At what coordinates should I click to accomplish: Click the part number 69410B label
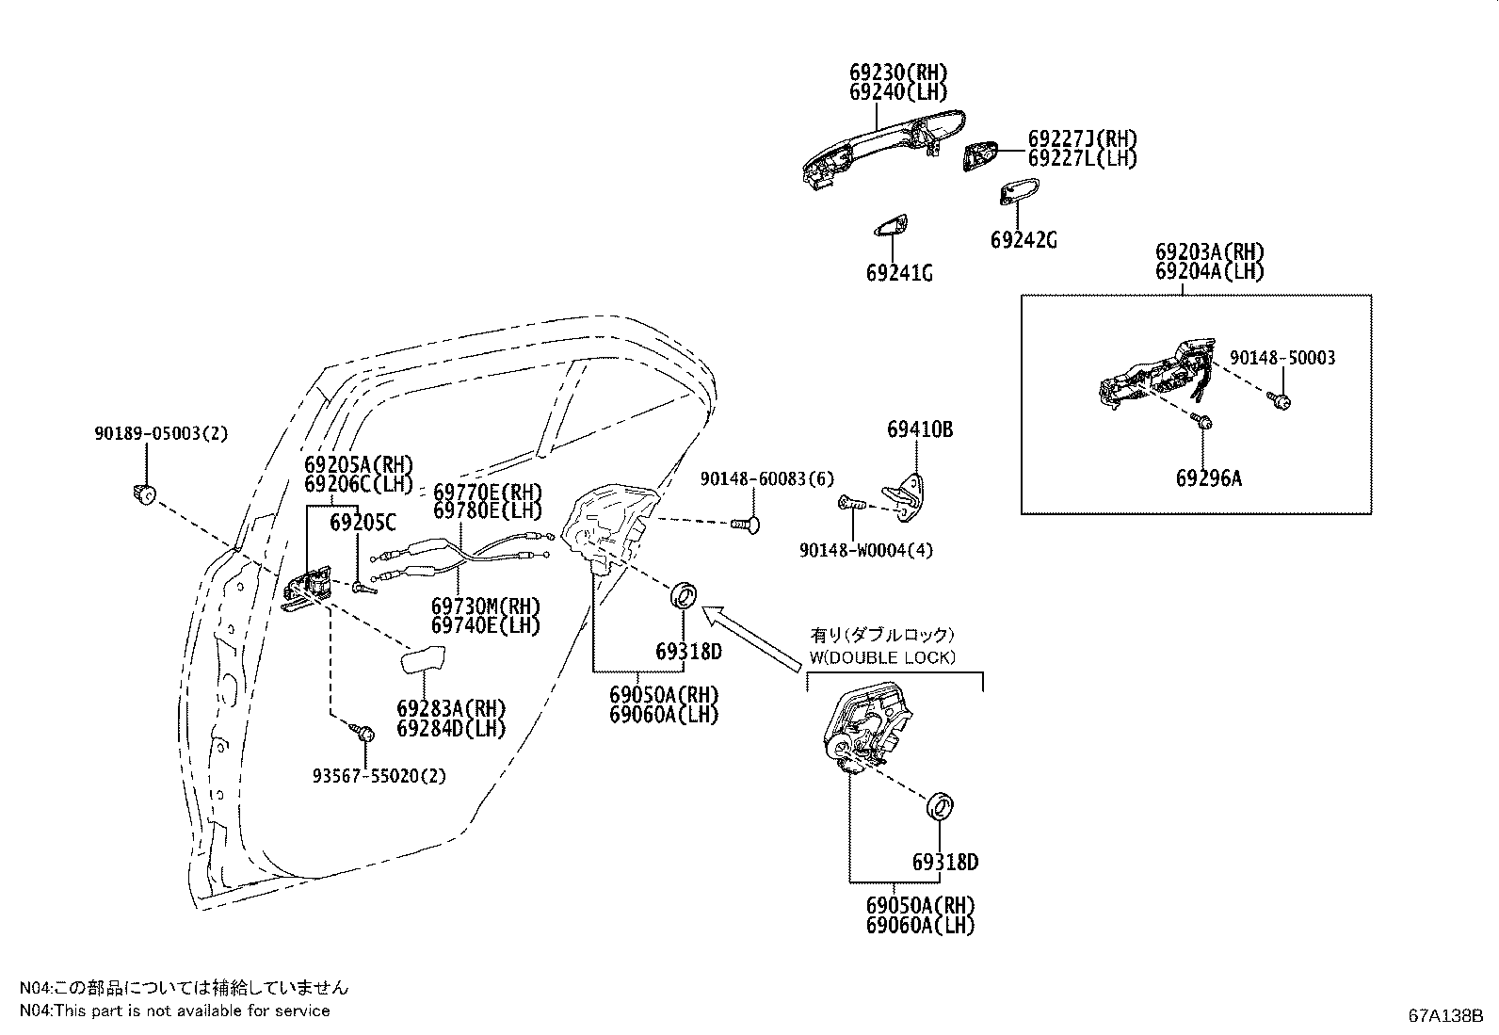point(919,429)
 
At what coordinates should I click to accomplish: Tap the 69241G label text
point(899,273)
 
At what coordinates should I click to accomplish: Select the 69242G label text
point(1024,240)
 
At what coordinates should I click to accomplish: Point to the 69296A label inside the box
point(1208,478)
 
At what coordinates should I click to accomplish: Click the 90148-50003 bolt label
point(1281,358)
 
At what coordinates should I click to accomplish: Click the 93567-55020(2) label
point(379,776)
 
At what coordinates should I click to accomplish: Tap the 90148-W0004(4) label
point(866,550)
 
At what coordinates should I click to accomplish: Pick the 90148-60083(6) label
point(766,479)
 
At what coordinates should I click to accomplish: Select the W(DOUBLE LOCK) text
point(881,657)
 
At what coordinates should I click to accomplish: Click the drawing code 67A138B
point(1445,1016)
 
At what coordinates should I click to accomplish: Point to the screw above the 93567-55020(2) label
point(362,732)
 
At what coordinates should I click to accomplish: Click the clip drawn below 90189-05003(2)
point(144,493)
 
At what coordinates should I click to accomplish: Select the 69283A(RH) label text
point(450,708)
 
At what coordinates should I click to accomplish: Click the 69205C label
point(363,522)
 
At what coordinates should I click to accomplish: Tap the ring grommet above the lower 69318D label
point(942,806)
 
